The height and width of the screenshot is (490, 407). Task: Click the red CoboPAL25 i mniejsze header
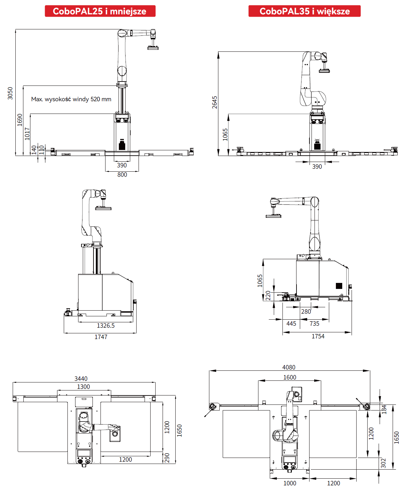[100, 11]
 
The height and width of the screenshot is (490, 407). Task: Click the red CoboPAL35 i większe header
[304, 11]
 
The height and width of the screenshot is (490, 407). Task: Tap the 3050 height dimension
[10, 93]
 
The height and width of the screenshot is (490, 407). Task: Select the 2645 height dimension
[215, 102]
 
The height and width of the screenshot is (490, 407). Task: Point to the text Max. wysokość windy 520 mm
[71, 99]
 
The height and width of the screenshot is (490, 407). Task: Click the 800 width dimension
[122, 175]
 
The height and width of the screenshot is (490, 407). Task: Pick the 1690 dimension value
[20, 120]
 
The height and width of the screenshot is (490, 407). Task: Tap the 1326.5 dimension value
[106, 325]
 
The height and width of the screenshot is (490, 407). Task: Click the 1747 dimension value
[101, 337]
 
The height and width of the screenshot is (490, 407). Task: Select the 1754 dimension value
[318, 336]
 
